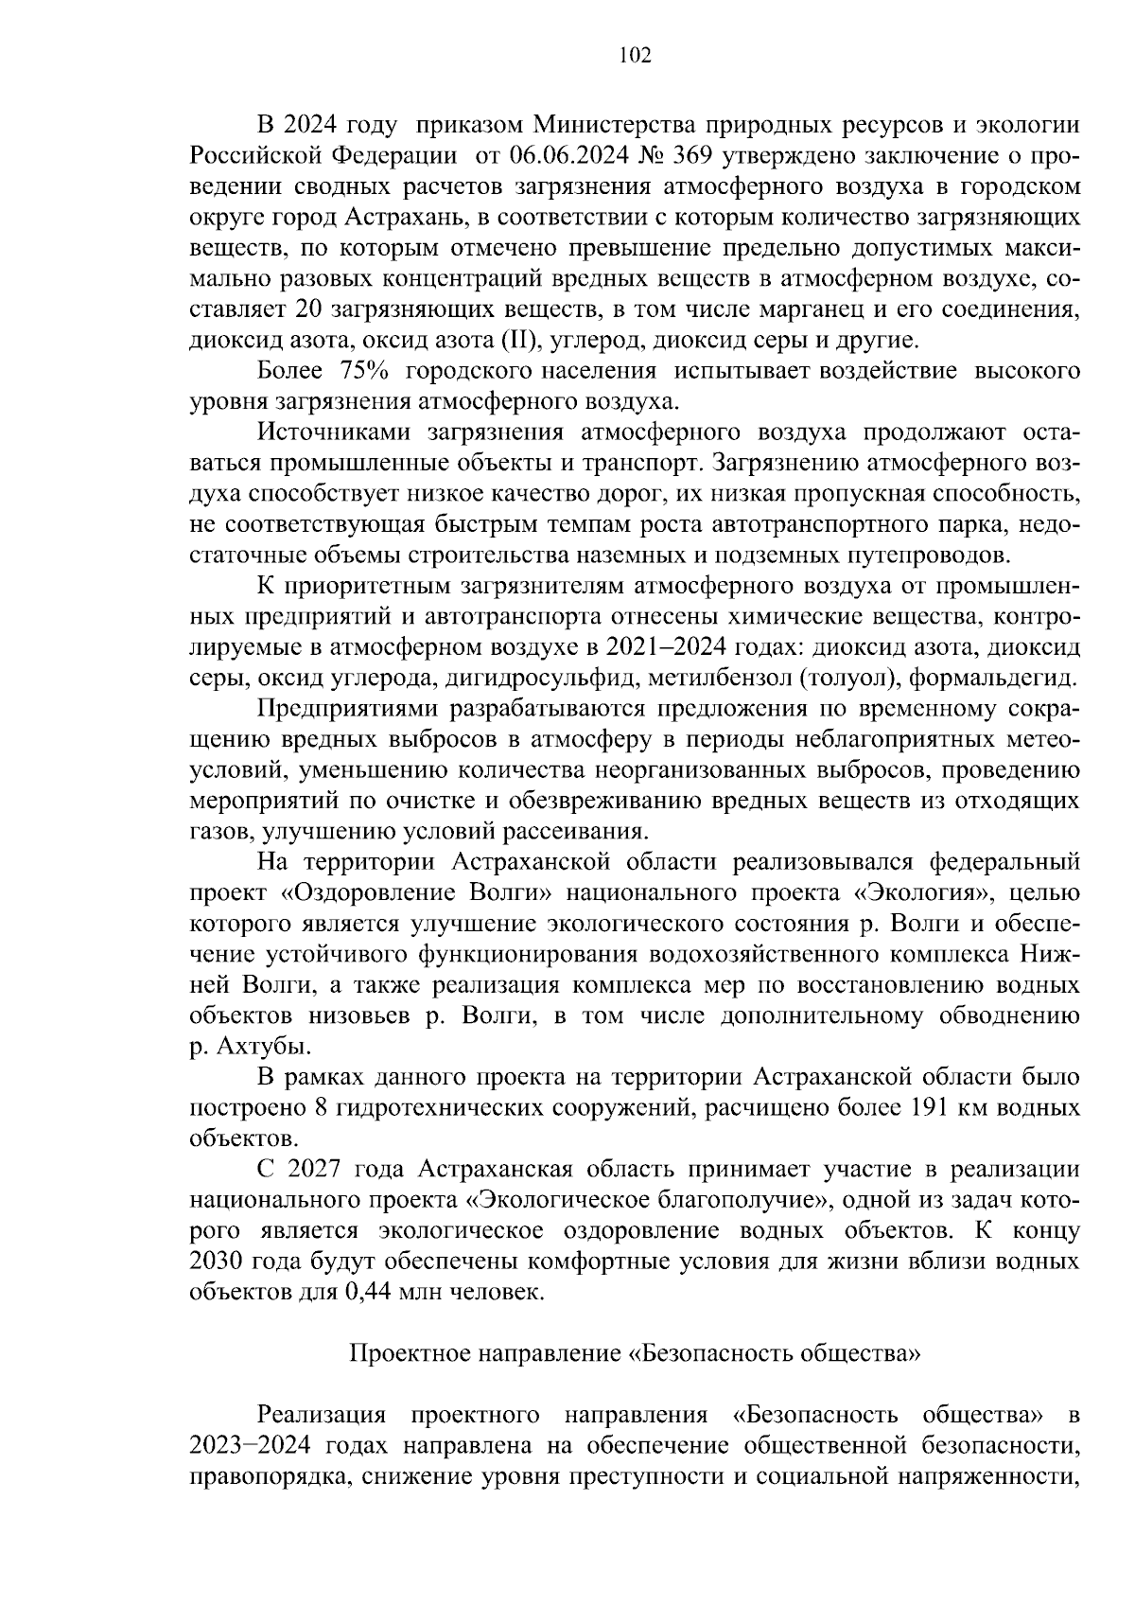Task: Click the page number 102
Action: (x=635, y=56)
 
